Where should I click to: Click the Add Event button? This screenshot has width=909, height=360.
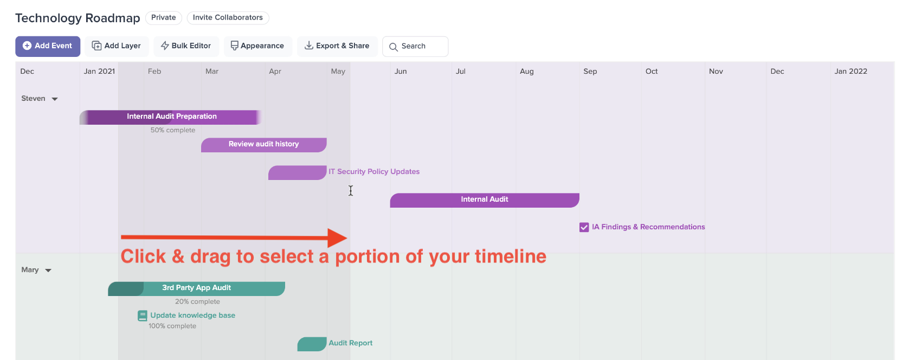pyautogui.click(x=48, y=46)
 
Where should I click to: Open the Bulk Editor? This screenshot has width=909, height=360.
pyautogui.click(x=186, y=46)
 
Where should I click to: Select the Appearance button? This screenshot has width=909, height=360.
pyautogui.click(x=257, y=46)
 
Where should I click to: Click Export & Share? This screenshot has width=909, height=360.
pyautogui.click(x=337, y=46)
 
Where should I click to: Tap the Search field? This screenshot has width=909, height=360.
pyautogui.click(x=415, y=46)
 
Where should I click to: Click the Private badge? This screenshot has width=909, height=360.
pyautogui.click(x=164, y=18)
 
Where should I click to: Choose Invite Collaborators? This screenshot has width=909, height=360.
pyautogui.click(x=228, y=18)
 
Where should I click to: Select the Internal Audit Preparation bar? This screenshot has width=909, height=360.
pyautogui.click(x=170, y=117)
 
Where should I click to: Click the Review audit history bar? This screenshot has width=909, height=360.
pyautogui.click(x=264, y=145)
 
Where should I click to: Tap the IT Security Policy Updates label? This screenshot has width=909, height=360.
pyautogui.click(x=374, y=172)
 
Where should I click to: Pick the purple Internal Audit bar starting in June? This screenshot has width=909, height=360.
pyautogui.click(x=485, y=200)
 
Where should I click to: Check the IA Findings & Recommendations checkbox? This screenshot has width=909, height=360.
pyautogui.click(x=584, y=227)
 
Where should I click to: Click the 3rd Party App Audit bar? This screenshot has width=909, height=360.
pyautogui.click(x=196, y=288)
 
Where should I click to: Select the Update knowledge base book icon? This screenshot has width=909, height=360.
pyautogui.click(x=143, y=316)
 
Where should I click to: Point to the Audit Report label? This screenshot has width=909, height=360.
pyautogui.click(x=350, y=343)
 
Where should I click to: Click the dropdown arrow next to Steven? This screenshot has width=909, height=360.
pyautogui.click(x=55, y=99)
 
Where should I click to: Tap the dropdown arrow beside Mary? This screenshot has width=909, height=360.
pyautogui.click(x=48, y=271)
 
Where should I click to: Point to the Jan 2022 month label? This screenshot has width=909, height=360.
pyautogui.click(x=850, y=72)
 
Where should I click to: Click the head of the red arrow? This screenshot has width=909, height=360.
pyautogui.click(x=347, y=238)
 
